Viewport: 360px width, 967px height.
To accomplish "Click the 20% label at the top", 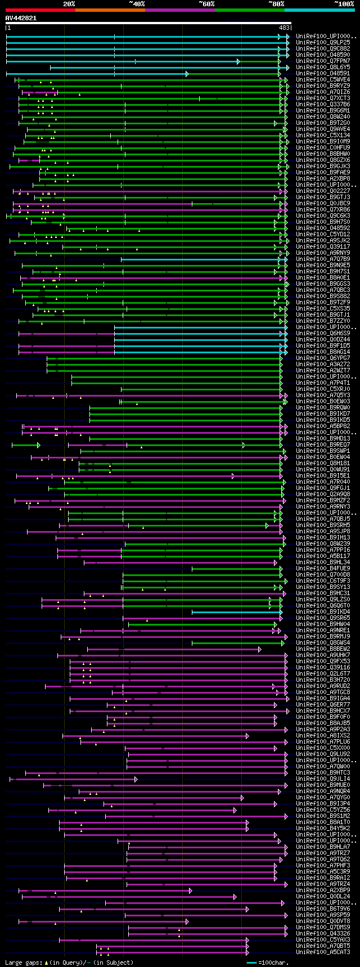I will (69, 4).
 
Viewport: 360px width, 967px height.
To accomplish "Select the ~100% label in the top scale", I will (344, 4).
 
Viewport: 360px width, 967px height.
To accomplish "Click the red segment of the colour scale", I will (40, 10).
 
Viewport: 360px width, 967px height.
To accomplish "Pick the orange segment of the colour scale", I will (110, 10).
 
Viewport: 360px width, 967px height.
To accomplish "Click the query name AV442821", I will (21, 18).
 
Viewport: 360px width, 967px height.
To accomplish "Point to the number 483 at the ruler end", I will (284, 28).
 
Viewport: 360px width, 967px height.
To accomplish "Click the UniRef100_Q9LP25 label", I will (323, 42).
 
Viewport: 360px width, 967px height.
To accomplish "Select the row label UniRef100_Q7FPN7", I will (323, 61).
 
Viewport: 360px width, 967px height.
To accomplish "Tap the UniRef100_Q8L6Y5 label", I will (323, 67).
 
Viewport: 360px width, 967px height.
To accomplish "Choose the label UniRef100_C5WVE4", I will (323, 79).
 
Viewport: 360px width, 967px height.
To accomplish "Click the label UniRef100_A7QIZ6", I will (323, 92).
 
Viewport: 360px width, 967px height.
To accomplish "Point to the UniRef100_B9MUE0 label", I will (323, 785).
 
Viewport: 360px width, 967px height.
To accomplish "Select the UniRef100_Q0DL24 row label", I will (323, 896).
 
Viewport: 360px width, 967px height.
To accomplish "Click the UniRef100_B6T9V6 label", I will (323, 908).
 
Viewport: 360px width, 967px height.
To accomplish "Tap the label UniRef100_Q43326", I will (323, 933).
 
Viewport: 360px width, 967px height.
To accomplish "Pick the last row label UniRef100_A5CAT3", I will (323, 952).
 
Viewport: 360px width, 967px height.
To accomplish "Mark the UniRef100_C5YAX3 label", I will (323, 939).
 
